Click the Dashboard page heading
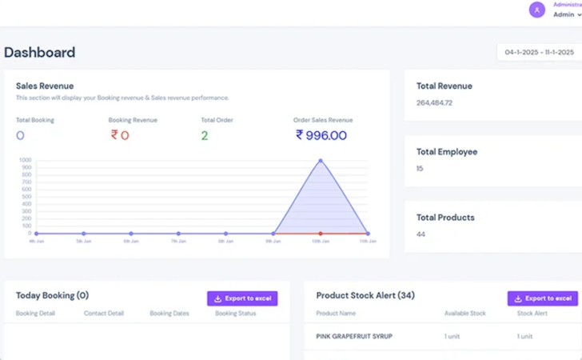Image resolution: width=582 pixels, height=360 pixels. (40, 53)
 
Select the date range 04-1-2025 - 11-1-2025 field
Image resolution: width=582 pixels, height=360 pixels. (538, 53)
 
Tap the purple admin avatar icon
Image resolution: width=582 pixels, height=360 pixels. (537, 10)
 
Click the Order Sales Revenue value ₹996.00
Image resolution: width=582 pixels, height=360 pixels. (321, 135)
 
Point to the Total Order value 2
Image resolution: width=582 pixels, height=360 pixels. (205, 135)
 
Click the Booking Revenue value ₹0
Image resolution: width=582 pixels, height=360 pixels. (119, 135)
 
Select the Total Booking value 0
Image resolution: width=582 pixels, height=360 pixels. (20, 135)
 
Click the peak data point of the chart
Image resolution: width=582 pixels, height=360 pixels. (321, 161)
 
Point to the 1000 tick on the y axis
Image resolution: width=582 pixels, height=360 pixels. (26, 160)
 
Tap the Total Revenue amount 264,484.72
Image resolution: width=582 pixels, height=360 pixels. (434, 102)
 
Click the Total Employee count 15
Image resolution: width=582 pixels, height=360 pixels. (420, 169)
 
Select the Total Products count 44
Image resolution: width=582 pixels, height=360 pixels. (421, 234)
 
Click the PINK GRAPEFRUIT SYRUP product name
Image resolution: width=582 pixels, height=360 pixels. (354, 336)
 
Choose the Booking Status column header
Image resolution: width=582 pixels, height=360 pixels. (235, 313)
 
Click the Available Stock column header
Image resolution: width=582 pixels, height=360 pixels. (464, 313)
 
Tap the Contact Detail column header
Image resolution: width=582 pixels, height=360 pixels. (105, 313)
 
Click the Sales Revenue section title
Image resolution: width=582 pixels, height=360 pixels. (45, 86)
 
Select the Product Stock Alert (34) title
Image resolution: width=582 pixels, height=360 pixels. (365, 295)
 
